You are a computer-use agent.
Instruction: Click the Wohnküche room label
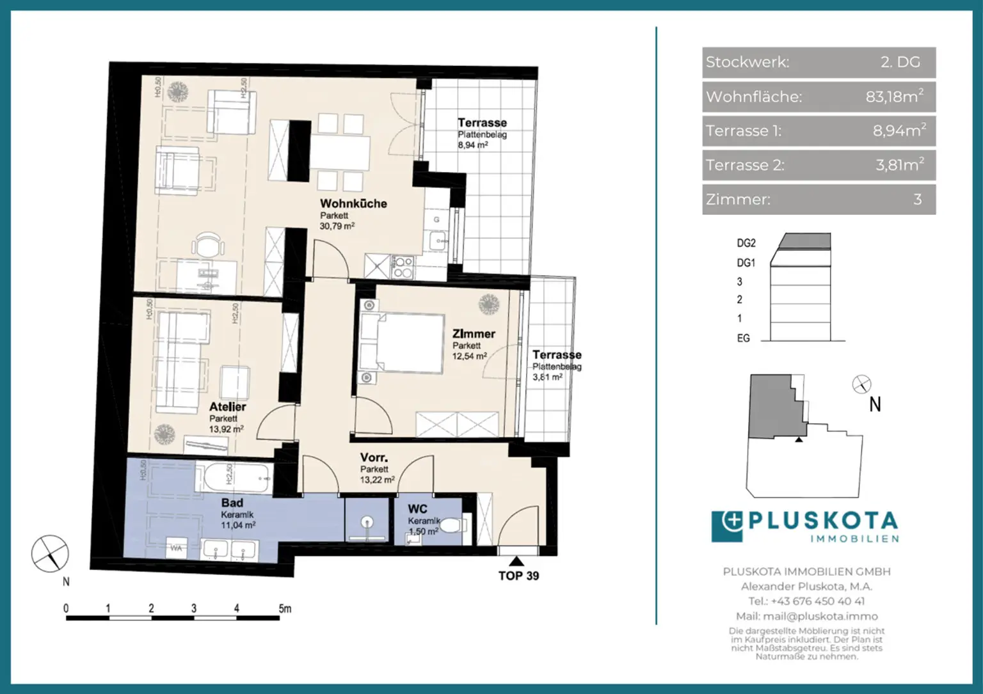point(353,203)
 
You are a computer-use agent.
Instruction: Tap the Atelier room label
point(227,407)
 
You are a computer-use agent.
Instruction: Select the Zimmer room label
point(474,334)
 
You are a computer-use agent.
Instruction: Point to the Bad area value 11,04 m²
point(238,525)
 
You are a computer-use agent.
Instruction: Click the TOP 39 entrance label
point(518,576)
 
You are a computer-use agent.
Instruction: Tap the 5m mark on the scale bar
point(285,609)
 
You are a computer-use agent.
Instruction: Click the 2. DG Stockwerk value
point(900,62)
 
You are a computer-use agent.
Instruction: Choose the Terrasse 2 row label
point(744,165)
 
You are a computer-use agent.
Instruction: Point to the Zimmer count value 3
point(917,200)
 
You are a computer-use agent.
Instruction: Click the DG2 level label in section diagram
point(746,243)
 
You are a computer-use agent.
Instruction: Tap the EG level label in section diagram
point(743,338)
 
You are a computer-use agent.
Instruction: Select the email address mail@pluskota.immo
point(806,617)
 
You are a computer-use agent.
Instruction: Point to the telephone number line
point(806,601)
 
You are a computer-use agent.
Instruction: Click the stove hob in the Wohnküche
point(403,267)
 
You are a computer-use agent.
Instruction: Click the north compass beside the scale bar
point(51,554)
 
